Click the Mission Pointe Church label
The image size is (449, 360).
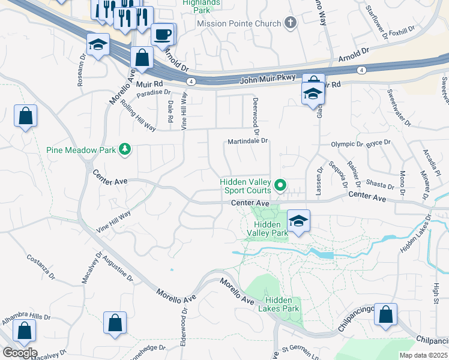(x=239, y=23)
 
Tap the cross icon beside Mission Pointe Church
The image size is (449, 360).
(x=291, y=23)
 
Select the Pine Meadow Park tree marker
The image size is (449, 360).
(x=125, y=149)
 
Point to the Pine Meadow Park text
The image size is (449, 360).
(x=81, y=149)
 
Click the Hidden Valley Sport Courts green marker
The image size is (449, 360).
(x=280, y=186)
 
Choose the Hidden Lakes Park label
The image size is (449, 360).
(x=279, y=304)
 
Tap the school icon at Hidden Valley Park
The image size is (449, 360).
(x=298, y=221)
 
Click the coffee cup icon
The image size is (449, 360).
(x=163, y=34)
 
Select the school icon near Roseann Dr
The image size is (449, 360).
(x=97, y=46)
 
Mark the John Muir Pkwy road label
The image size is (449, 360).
(x=265, y=80)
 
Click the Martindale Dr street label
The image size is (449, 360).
(x=247, y=141)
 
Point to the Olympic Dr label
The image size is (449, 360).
(x=347, y=145)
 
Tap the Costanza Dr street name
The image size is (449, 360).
(x=41, y=267)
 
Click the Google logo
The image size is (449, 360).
(x=20, y=353)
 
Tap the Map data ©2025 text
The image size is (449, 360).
(x=423, y=355)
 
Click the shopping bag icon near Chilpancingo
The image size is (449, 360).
(x=385, y=314)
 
